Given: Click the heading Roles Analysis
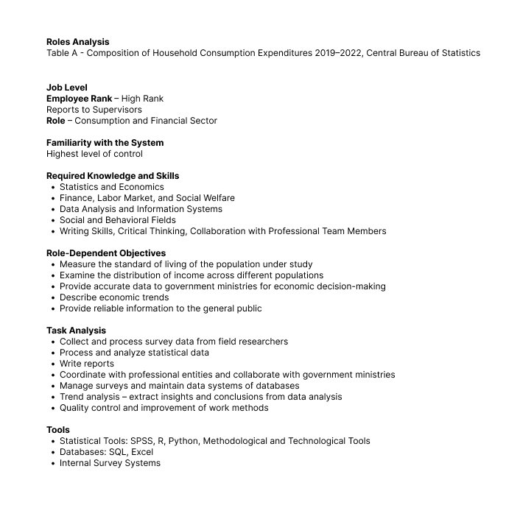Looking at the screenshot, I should [x=77, y=42].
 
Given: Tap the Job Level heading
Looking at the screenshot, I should [x=66, y=88].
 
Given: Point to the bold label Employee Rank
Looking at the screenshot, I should [x=79, y=99].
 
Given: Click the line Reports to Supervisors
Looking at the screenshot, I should [x=94, y=110].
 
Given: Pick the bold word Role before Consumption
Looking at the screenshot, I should [x=55, y=121].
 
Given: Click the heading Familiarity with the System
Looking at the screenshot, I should [x=105, y=143].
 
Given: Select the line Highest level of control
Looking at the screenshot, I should [x=94, y=154].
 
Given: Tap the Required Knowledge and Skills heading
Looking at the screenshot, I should [x=112, y=176].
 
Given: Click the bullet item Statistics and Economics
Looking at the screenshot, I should [x=111, y=187].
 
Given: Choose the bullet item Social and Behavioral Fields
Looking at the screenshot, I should [x=117, y=220].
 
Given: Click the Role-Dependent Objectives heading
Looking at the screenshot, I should [x=105, y=253].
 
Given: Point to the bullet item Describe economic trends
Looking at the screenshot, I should [x=114, y=297].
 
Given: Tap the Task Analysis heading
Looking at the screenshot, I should [x=76, y=331].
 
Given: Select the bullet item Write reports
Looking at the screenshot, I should [x=87, y=364].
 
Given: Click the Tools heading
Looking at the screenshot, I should [x=58, y=430].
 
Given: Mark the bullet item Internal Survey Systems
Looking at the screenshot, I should [x=110, y=463].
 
